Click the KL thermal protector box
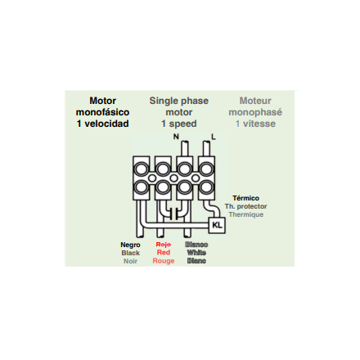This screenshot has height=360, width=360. (217, 225)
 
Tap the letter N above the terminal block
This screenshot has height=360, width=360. (176, 137)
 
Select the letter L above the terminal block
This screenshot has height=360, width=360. (214, 137)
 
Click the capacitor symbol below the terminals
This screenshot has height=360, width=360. (173, 214)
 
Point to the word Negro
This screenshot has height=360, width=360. (130, 245)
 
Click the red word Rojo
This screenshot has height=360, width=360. (164, 245)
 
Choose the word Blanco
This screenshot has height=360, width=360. (196, 245)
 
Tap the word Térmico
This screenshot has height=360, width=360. (245, 198)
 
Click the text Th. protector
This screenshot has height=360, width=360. (245, 206)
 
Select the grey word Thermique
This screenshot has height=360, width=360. (246, 214)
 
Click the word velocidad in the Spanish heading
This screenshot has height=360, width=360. (106, 124)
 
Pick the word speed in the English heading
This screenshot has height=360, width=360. (182, 124)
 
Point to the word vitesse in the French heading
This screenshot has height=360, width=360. (259, 124)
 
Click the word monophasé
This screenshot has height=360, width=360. (255, 112)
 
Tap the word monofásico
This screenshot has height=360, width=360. (102, 112)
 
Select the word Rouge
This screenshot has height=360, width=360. (164, 261)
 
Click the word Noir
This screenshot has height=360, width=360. (130, 261)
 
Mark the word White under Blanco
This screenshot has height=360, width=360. (196, 253)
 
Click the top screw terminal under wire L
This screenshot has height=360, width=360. (206, 169)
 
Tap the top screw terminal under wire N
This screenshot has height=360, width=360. (185, 169)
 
